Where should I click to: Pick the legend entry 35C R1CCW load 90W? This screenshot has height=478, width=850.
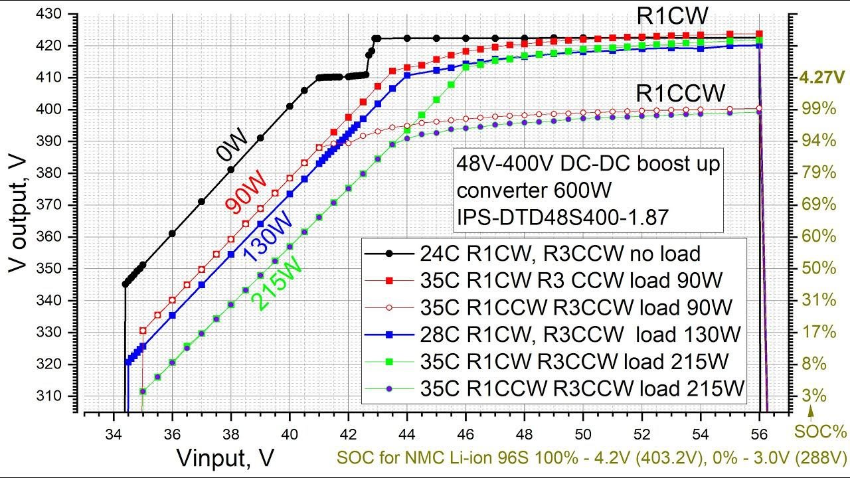coord(576,307)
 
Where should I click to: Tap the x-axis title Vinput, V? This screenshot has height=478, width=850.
coord(226,457)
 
